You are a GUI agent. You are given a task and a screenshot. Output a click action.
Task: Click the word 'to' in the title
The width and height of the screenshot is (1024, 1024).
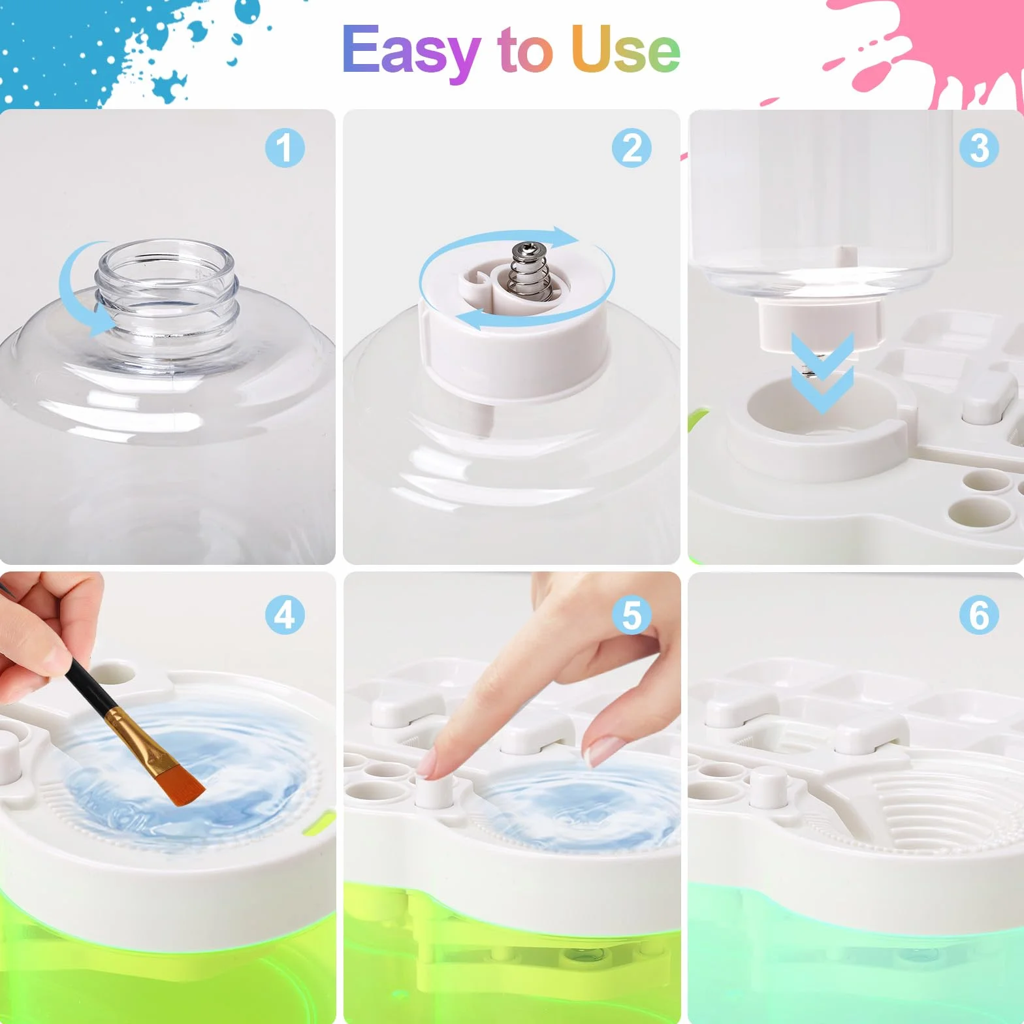[525, 50]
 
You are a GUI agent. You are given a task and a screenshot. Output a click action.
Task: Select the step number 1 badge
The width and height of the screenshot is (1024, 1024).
[285, 148]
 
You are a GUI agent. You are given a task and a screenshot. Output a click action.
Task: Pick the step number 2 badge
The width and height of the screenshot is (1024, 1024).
[632, 148]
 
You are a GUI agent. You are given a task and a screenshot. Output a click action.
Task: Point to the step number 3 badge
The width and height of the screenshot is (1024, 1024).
[979, 148]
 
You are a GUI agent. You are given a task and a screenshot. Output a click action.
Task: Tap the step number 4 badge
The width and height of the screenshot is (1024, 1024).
[285, 615]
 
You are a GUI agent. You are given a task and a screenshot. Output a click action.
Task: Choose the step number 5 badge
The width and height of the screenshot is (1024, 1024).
[632, 615]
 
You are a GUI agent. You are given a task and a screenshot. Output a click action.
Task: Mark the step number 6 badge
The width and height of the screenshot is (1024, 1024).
[979, 615]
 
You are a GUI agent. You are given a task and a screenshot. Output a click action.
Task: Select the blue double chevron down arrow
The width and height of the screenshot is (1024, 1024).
[822, 373]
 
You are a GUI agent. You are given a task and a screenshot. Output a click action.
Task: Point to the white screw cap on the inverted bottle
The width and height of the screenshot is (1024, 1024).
[820, 325]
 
